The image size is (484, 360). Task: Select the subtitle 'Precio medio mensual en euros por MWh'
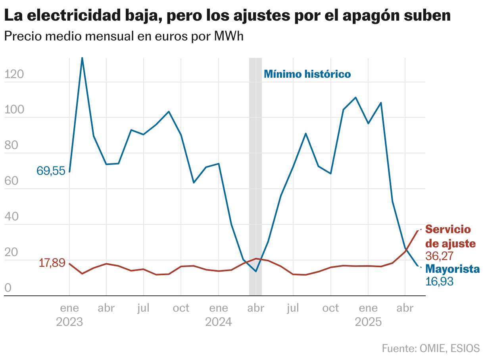[x=123, y=36]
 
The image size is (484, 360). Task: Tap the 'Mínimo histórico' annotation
[x=307, y=74]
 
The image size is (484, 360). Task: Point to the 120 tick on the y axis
[x=14, y=74]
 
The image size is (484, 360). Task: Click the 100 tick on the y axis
[x=14, y=110]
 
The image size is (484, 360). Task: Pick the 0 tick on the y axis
[x=8, y=288]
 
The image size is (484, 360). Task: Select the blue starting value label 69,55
[x=51, y=171]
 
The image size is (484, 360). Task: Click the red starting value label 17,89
[x=52, y=262]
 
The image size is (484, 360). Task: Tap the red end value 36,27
[x=439, y=255]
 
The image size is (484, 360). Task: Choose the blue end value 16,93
[x=439, y=281]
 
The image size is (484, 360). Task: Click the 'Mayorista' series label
[x=452, y=269]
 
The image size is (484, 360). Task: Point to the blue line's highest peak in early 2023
[x=82, y=58]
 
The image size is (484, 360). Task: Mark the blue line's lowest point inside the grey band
[x=256, y=272]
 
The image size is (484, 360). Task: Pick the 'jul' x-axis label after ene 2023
[x=143, y=308]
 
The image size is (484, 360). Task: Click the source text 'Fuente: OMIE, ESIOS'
[x=431, y=349]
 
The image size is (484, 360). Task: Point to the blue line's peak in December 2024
[x=355, y=97]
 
